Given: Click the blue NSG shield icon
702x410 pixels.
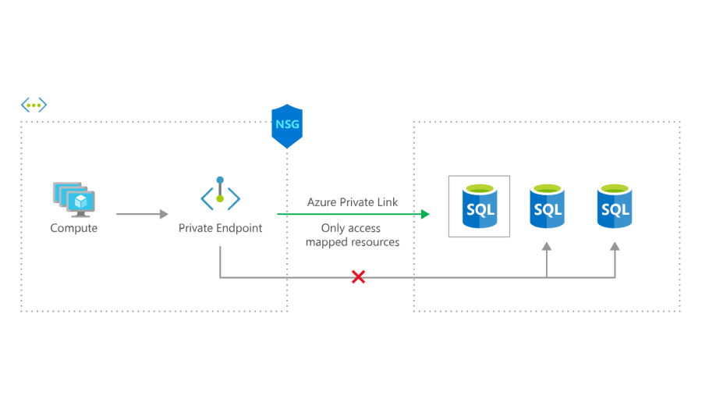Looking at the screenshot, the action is pos(287,126).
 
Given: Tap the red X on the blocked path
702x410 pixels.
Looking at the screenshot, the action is pos(358,277).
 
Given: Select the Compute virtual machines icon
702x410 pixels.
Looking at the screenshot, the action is pos(74,199).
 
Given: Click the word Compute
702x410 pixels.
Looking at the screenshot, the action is pos(74,228).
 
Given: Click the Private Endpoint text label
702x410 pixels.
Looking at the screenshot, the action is pos(220,228).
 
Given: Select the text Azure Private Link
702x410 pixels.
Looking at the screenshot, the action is pos(353,202).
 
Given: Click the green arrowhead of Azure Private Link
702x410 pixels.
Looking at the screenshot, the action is pos(425,214).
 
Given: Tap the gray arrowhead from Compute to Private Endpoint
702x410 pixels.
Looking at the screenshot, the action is pos(164,214).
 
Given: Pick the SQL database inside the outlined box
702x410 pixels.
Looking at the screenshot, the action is pos(480,206).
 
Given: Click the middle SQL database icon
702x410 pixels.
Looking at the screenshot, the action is pos(547,206).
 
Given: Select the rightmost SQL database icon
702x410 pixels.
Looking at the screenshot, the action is pos(615,206).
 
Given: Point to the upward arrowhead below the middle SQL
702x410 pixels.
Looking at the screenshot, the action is pos(547,247).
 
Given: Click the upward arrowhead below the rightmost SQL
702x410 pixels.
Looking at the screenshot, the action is pos(615,247).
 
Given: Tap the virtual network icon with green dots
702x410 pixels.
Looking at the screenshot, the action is pos(34,105).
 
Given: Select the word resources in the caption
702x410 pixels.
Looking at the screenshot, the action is pos(376,242).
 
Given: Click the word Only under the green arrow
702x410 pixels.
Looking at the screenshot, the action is pos(333,228).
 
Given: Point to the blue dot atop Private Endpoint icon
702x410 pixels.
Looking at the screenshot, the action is pos(220,180).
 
